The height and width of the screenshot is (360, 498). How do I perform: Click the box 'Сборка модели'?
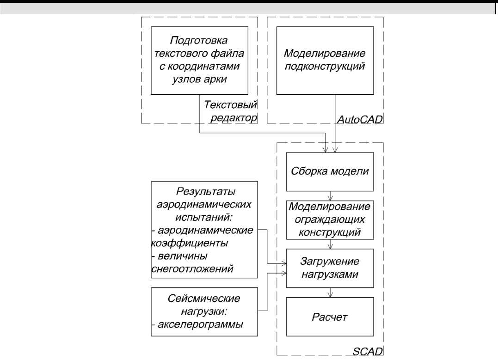329,171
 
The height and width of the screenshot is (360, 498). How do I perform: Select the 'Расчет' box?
329,317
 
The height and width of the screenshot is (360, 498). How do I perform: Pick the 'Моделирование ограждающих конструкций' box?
329,220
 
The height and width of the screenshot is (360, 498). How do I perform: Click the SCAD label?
370,352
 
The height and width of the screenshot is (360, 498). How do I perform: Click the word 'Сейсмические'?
204,299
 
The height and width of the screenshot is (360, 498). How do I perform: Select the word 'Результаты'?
204,192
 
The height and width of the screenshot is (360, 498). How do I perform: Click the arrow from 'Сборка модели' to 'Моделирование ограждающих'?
329,195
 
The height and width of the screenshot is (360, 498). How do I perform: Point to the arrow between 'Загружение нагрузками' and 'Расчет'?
329,292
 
